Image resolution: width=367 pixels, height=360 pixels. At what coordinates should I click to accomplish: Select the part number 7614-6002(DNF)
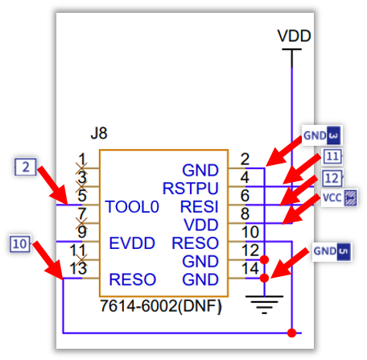[160, 307]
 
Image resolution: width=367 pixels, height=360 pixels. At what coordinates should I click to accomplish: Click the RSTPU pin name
[190, 189]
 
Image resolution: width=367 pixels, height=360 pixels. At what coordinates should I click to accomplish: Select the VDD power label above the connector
[293, 36]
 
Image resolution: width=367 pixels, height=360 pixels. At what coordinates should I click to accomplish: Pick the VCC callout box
[338, 197]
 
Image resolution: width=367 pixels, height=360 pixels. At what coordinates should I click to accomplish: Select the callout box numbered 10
[20, 242]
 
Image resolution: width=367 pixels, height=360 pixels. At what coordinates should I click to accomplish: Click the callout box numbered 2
[27, 167]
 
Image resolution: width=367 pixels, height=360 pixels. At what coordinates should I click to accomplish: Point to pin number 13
[78, 269]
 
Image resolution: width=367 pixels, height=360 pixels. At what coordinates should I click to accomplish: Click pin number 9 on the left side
[81, 233]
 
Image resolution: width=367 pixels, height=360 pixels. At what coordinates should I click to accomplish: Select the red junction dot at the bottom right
[291, 333]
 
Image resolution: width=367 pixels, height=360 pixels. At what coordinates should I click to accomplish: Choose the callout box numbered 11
[332, 157]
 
